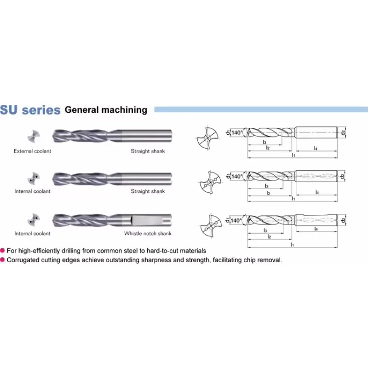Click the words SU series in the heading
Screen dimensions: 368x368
pos(30,110)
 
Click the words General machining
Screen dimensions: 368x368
pos(106,110)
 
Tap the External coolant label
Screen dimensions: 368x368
pos(32,151)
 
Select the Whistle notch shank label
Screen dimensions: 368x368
pos(148,233)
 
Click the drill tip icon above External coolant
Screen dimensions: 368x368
pos(33,136)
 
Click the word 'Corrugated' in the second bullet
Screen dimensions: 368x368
pos(23,260)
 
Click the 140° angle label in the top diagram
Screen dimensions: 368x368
pos(236,132)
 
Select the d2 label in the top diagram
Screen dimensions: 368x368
pos(343,133)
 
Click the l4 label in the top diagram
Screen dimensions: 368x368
pos(316,148)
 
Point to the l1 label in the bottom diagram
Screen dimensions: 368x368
pos(293,245)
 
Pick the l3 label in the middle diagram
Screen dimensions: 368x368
pos(267,186)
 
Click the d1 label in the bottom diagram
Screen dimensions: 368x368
pos(228,221)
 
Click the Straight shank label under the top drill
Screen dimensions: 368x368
pos(148,151)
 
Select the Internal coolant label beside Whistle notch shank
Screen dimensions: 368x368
pos(32,233)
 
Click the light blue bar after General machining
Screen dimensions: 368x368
pos(260,109)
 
